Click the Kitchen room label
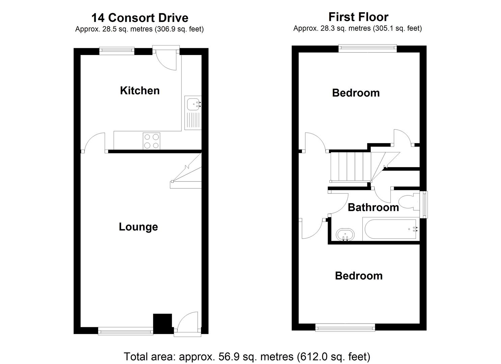tap(140, 91)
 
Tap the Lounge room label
tap(138, 227)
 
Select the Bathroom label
tap(373, 207)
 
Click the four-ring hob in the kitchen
tap(151, 141)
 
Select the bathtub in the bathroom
tap(391, 229)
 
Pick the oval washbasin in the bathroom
tap(345, 235)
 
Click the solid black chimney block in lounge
tap(162, 324)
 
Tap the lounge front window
tap(126, 331)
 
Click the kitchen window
tap(117, 51)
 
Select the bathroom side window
tap(424, 205)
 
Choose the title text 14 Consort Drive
tap(140, 18)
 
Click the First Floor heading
tap(358, 17)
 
